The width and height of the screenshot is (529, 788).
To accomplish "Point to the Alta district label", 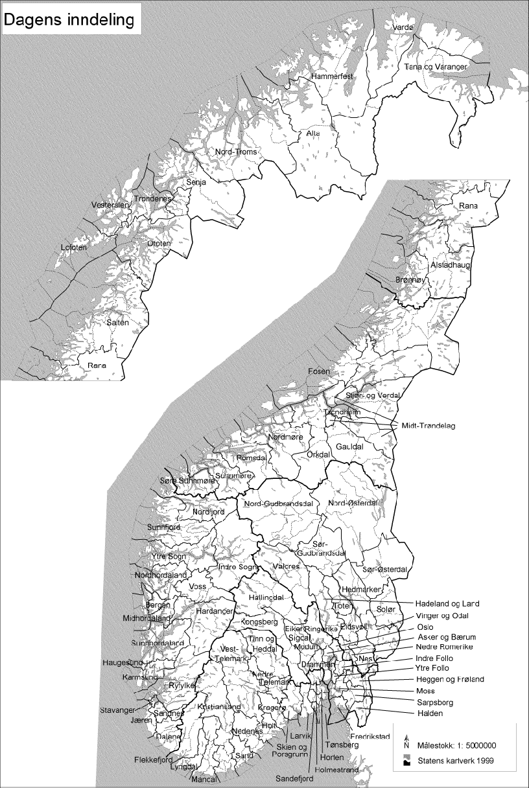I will tap(314, 133).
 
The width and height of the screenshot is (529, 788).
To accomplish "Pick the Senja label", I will tap(196, 183).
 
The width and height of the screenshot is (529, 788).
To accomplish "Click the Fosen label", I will tap(318, 372).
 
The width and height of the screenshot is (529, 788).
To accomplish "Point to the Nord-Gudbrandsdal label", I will tap(279, 504).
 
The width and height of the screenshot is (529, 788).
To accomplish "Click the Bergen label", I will tap(159, 605).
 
